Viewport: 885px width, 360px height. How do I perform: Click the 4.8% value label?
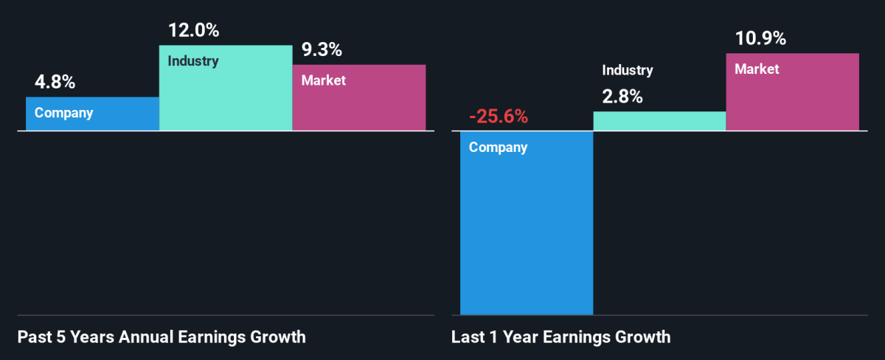click(x=54, y=83)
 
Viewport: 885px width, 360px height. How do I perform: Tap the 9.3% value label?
click(x=322, y=50)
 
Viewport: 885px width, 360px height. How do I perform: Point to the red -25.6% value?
click(x=498, y=117)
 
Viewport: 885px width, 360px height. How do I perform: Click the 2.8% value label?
click(x=622, y=96)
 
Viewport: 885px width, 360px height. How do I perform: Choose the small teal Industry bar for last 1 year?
click(x=659, y=122)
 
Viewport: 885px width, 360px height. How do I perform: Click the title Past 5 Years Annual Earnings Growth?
click(x=161, y=338)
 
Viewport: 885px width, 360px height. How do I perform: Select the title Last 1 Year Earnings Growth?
click(x=561, y=338)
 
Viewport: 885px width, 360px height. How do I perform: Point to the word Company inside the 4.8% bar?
click(x=63, y=114)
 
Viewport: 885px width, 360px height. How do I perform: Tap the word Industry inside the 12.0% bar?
click(x=193, y=61)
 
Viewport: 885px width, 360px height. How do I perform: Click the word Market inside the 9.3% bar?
click(x=324, y=80)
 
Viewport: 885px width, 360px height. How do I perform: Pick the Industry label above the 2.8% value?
click(x=628, y=71)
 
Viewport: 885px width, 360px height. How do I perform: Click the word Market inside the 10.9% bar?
click(x=757, y=69)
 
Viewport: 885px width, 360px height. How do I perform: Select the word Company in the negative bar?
click(x=498, y=148)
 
